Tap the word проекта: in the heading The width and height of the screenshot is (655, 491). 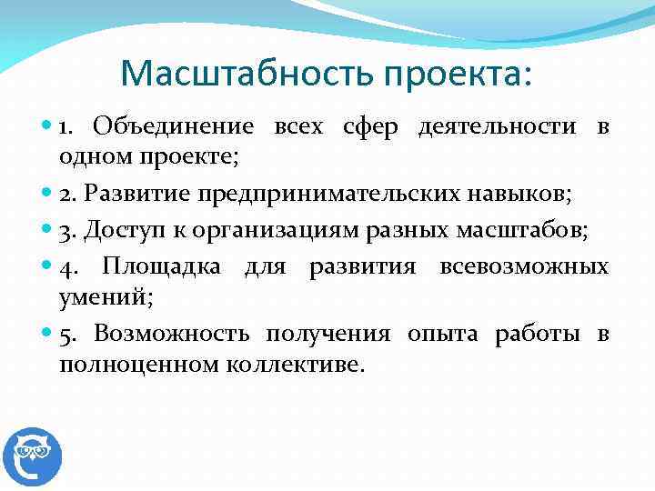pyautogui.click(x=454, y=74)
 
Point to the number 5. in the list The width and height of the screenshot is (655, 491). pyautogui.click(x=67, y=335)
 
